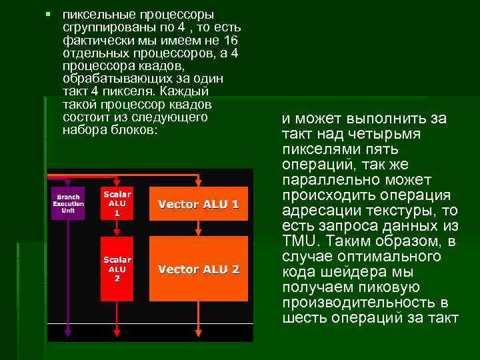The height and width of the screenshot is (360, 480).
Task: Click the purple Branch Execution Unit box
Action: point(68,203)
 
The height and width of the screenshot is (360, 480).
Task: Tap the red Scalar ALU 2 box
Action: point(117,268)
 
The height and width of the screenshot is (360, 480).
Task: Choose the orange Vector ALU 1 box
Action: point(198,203)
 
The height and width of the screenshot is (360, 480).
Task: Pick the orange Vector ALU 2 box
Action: point(198,269)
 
